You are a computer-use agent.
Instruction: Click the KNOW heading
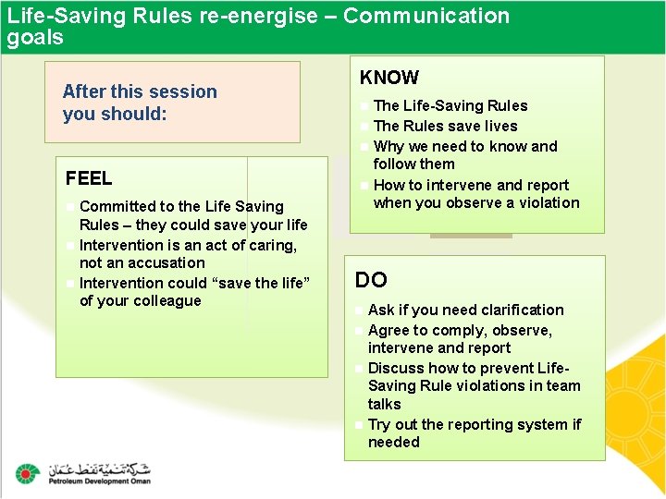click(388, 79)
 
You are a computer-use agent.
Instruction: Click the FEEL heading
click(89, 178)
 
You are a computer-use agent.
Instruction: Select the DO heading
click(371, 280)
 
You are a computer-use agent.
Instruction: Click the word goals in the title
click(35, 38)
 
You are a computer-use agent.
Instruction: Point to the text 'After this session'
click(140, 91)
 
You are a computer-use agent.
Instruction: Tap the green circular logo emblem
click(26, 474)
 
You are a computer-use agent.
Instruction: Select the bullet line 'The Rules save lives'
click(445, 126)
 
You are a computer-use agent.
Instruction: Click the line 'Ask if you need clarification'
click(465, 310)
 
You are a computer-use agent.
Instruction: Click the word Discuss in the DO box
click(397, 368)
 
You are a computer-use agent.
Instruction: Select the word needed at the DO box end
click(393, 443)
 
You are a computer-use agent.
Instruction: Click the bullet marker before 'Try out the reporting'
click(359, 425)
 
